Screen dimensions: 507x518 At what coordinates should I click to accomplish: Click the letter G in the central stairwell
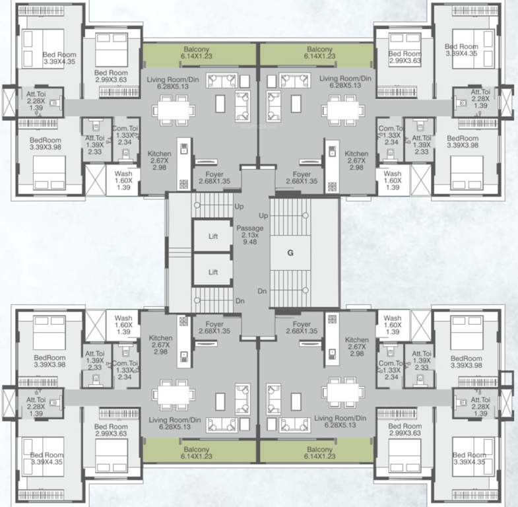[x=290, y=252]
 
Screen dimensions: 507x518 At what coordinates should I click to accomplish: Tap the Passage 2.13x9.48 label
[x=250, y=234]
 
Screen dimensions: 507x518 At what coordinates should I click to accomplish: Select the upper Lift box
[x=213, y=236]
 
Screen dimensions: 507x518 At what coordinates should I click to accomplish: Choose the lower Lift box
[x=213, y=271]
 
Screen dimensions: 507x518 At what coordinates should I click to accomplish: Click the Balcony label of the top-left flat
[x=198, y=54]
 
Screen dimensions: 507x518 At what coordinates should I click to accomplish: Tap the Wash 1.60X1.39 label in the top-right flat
[x=392, y=180]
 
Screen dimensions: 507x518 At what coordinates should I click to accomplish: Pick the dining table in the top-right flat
[x=342, y=108]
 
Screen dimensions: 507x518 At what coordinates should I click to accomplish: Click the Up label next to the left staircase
[x=238, y=207]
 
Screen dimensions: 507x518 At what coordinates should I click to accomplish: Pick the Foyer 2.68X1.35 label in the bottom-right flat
[x=302, y=328]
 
